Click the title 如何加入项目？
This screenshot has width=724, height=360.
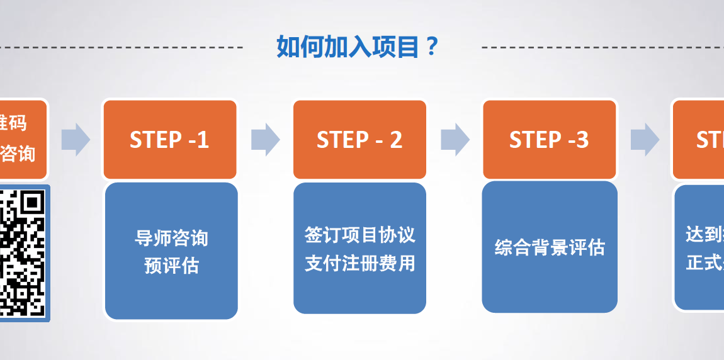coord(357,47)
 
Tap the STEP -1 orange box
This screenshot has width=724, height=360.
coord(169,140)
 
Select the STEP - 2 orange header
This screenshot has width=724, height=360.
coord(359,140)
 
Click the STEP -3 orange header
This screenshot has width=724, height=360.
coord(549,140)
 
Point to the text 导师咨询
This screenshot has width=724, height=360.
coord(171,238)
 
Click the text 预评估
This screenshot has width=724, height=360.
coord(171,265)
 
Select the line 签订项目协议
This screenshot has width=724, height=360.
coord(360,235)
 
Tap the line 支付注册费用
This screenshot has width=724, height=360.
coord(360,262)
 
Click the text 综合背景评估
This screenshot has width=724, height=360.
coord(550,247)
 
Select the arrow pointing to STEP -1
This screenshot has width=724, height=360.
coord(76,139)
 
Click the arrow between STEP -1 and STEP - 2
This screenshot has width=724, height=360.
coord(265,139)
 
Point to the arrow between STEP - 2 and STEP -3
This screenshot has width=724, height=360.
coord(455,139)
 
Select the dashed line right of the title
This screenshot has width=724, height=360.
coord(601,47)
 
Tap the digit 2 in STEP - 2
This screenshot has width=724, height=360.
coord(395,140)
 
